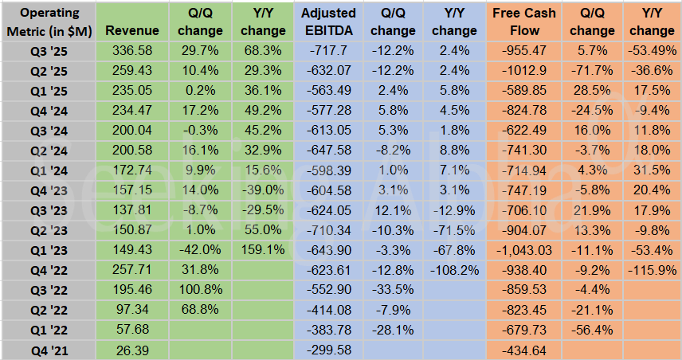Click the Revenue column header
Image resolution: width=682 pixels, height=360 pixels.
(x=131, y=31)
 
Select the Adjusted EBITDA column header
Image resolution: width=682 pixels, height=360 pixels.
(x=329, y=22)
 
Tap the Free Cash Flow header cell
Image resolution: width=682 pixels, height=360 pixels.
(x=523, y=22)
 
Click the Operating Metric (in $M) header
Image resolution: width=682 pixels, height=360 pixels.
(x=48, y=22)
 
